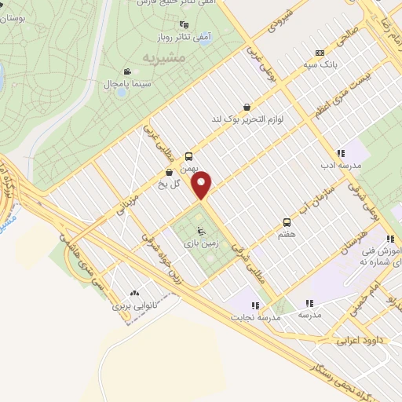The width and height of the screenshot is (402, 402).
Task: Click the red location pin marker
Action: coord(203,185)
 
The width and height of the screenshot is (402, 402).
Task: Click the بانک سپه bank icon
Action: coord(308,53)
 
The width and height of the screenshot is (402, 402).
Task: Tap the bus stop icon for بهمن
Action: coord(188,155)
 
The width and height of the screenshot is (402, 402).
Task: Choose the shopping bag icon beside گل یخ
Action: coord(168,173)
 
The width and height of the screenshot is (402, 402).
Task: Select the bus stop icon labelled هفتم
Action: coord(287,222)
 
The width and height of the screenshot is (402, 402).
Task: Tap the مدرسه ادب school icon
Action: coord(340,153)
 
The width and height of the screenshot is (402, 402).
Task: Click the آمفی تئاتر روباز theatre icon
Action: coord(184,25)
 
